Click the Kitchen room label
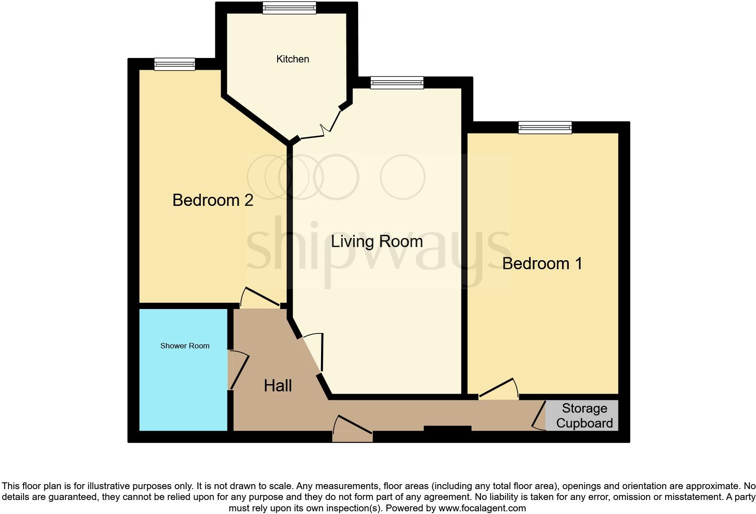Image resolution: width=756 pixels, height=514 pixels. tap(293, 59)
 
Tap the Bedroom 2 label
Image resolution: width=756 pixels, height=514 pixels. tap(213, 200)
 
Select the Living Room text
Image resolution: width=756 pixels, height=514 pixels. tap(377, 241)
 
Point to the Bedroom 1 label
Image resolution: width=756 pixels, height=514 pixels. tap(542, 263)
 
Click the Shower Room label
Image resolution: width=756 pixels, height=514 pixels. tap(184, 346)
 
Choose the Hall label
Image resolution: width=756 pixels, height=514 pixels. tap(278, 385)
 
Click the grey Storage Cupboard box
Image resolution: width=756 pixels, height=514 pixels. tap(584, 415)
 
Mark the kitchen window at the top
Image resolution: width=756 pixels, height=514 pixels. tap(289, 7)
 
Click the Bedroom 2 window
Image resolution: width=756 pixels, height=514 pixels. tap(175, 64)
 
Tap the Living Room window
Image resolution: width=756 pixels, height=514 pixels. tap(397, 82)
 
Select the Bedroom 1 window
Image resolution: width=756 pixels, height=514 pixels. tap(545, 127)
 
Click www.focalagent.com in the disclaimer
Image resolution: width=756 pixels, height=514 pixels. tap(482, 508)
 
